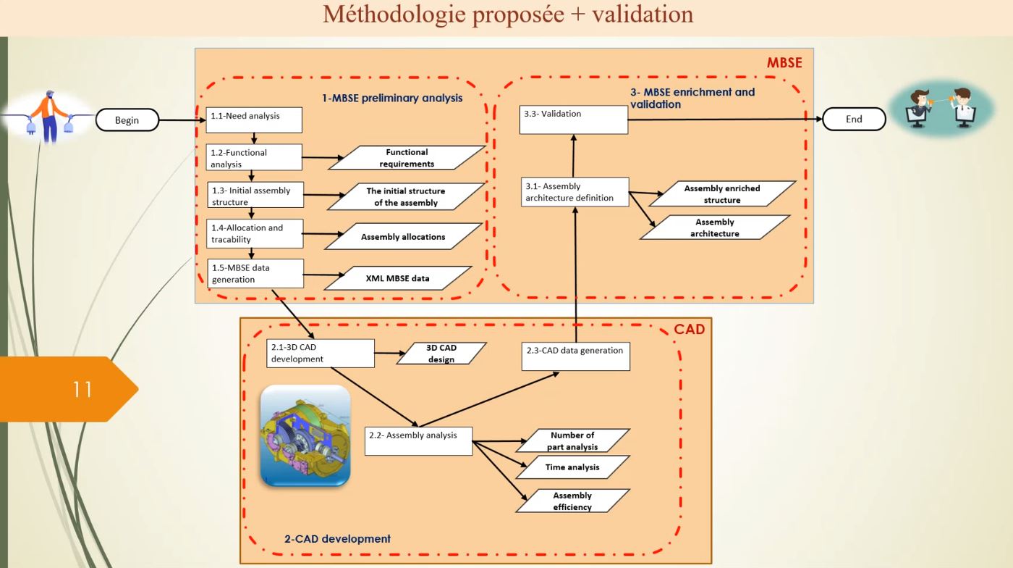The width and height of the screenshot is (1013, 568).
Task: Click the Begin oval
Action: tap(127, 120)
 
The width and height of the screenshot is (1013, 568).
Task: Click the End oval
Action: tap(854, 119)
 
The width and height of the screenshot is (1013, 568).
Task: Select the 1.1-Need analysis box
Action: tap(254, 120)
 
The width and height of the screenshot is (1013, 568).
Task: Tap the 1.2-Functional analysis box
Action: tap(254, 158)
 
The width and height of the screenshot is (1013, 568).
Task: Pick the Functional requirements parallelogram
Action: tap(407, 158)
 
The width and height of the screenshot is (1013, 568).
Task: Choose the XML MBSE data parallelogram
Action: tap(397, 278)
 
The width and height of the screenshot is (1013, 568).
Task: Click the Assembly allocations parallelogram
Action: tap(403, 236)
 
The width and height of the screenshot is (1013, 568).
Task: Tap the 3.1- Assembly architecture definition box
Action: tap(575, 192)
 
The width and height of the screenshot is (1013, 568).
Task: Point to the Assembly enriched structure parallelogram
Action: tap(721, 194)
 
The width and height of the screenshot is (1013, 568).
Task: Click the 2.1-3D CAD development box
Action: tap(321, 353)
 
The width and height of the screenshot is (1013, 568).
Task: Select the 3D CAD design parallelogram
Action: tap(441, 354)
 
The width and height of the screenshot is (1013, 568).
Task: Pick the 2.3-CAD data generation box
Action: tap(575, 356)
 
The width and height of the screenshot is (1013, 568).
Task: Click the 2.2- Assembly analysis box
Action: tap(418, 440)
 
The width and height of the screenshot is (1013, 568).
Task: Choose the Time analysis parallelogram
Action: tap(572, 467)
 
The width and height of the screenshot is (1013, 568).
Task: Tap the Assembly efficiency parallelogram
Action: tap(572, 501)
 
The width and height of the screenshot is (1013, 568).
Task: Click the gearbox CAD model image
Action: tap(305, 435)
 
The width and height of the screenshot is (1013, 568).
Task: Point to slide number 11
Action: tap(82, 389)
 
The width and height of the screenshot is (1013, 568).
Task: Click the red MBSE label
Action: tap(784, 63)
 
